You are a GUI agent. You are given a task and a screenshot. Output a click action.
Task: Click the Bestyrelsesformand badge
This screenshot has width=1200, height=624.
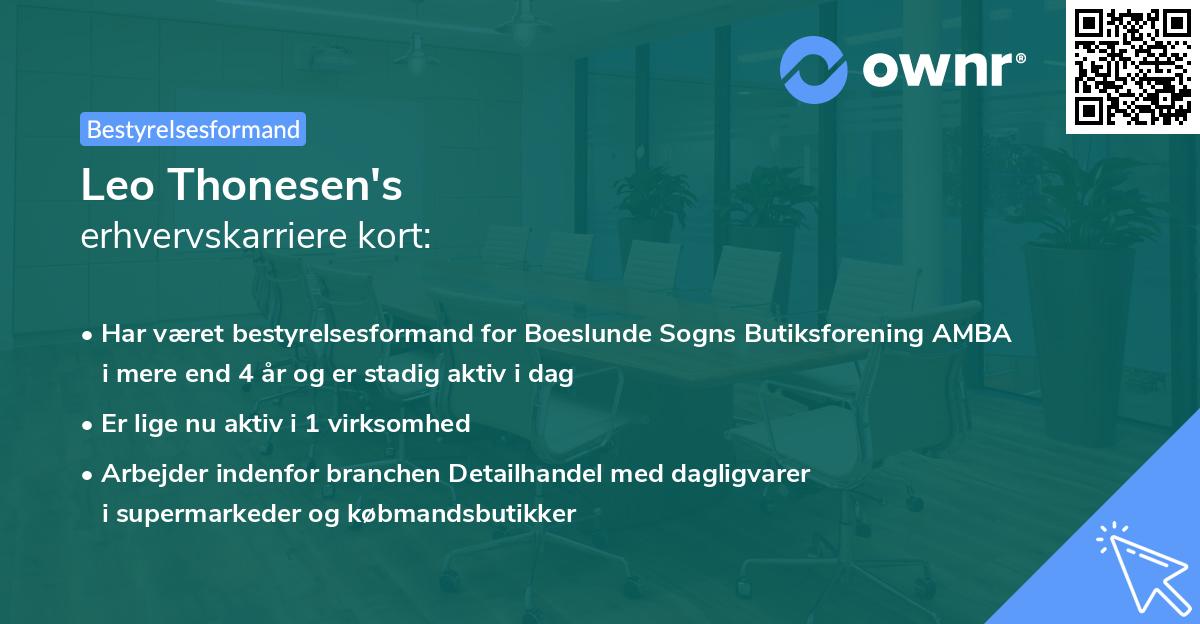pyautogui.click(x=193, y=129)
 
